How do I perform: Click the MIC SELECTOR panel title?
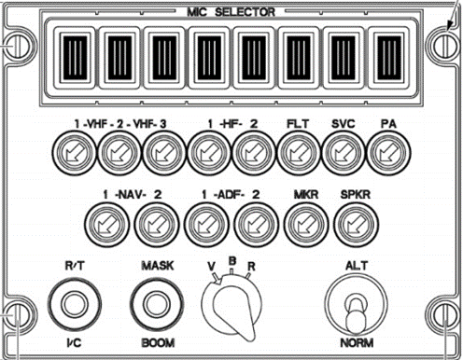coord(231,12)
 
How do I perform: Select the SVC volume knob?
coord(343,153)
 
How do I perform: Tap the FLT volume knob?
coord(298,153)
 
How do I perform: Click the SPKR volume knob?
coord(356,224)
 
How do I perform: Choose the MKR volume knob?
coord(306,224)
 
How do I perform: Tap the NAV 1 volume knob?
coord(107,224)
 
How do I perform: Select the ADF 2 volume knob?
coord(256,224)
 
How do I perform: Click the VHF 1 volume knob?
coord(74,153)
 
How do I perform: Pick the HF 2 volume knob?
coord(253,153)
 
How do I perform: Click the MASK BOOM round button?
coord(157,304)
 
